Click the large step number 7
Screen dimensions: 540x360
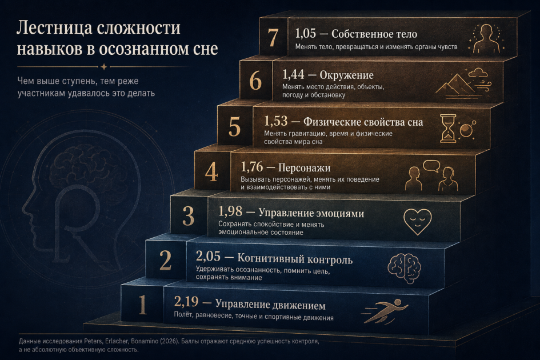273,37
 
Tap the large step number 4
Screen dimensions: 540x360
211,172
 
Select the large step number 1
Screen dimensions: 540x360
143,305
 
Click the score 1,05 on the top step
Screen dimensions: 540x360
306,33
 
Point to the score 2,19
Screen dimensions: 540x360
186,302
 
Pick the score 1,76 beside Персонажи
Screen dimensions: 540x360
252,167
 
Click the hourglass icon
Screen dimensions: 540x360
448,129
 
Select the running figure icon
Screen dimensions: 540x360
385,311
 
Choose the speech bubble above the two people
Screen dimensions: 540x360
431,166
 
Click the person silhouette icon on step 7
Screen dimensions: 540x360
486,39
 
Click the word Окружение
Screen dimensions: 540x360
346,75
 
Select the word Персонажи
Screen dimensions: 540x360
304,168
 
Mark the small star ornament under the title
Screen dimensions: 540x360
103,66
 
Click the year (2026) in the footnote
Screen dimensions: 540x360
169,341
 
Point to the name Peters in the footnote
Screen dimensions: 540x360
93,341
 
